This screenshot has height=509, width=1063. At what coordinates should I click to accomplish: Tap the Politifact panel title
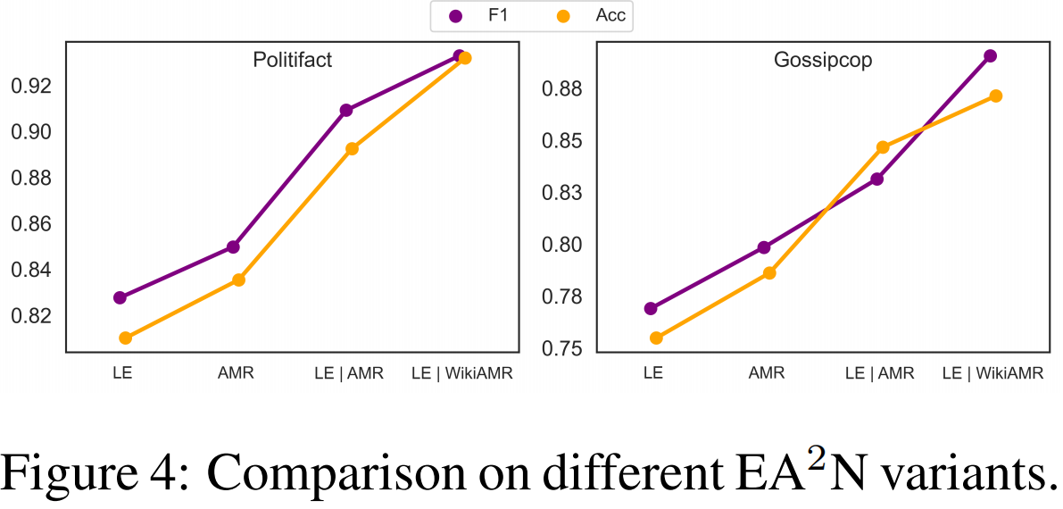tap(293, 61)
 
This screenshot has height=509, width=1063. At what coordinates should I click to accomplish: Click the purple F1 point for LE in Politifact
tap(120, 297)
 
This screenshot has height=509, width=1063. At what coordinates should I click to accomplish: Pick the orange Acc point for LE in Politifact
tap(126, 338)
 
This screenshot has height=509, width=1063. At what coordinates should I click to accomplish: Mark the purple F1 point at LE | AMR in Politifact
tap(346, 110)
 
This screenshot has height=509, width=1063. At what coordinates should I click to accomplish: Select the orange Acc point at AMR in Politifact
tap(239, 280)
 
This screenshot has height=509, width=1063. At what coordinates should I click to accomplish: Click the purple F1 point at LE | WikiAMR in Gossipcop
tap(990, 55)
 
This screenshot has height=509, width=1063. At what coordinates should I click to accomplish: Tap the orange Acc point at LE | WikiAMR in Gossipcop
tap(996, 96)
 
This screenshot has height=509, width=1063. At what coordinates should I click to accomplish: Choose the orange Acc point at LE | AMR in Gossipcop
tap(883, 146)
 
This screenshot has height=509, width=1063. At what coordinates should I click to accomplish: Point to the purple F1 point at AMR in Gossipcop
tap(764, 247)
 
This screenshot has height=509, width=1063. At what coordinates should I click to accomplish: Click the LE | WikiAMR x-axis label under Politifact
tap(462, 374)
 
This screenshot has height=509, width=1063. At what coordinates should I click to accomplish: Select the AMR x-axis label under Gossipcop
tap(767, 374)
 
